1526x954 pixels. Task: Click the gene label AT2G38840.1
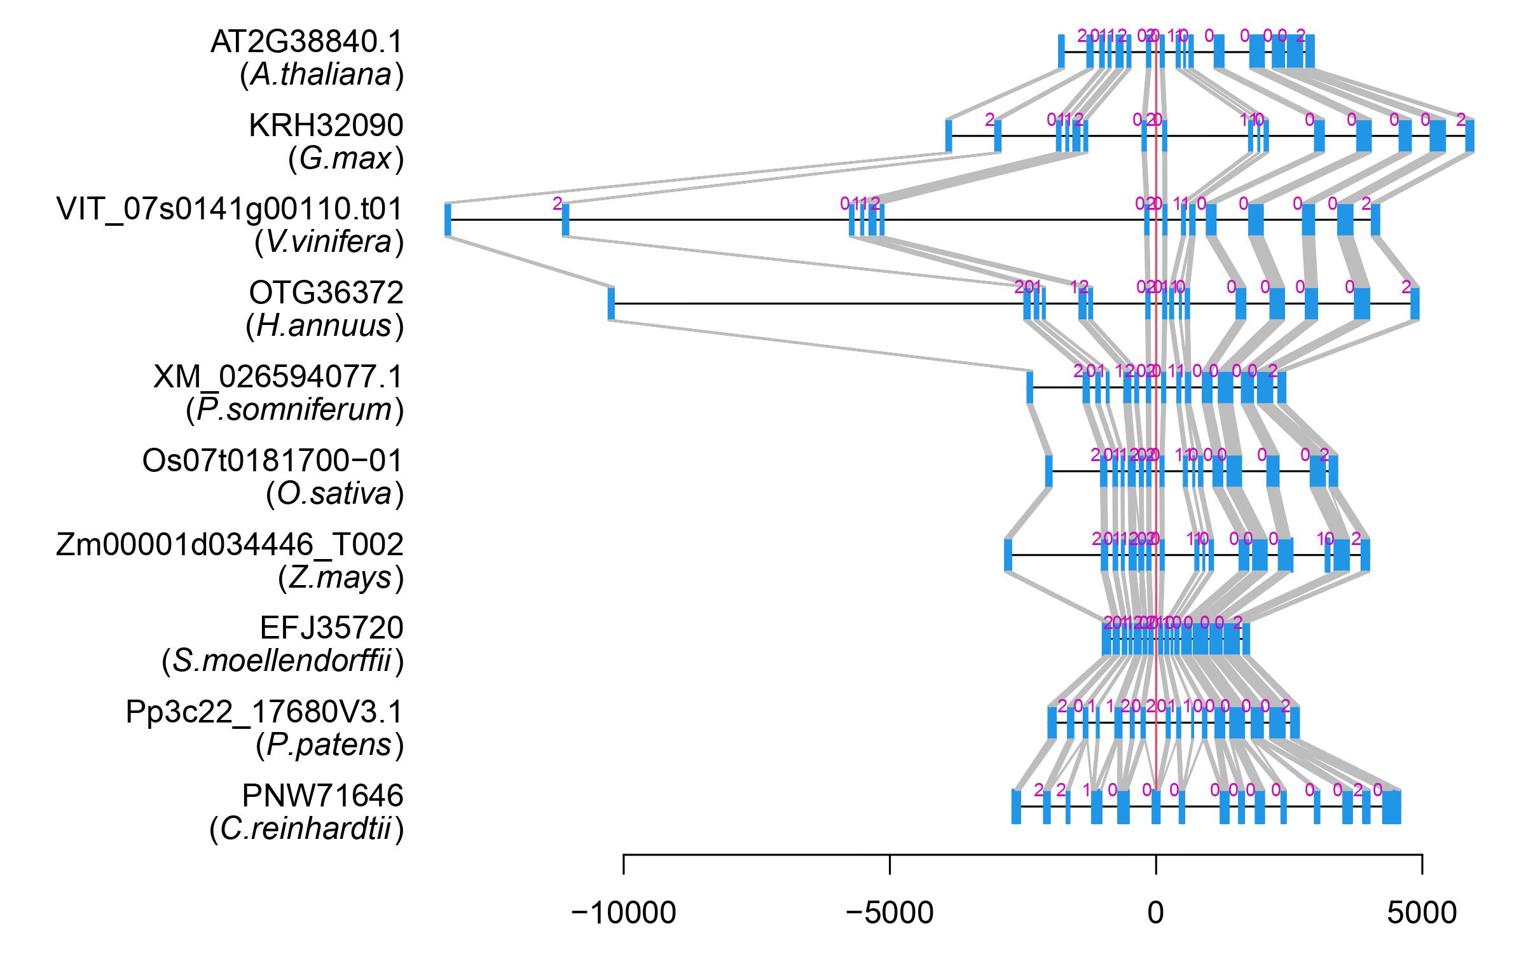click(306, 43)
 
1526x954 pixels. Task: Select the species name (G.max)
click(346, 158)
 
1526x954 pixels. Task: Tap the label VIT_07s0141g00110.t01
click(230, 209)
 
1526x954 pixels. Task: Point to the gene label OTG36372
click(326, 293)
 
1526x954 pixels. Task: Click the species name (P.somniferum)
click(295, 410)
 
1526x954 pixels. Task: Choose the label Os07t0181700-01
click(273, 460)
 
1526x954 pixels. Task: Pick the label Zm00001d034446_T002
click(230, 544)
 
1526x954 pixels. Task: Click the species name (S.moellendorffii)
click(283, 661)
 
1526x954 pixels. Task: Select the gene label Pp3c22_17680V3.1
click(265, 712)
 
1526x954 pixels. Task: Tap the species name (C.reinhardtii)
click(306, 829)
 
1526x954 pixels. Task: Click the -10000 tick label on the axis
click(623, 913)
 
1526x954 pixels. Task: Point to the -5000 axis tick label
click(890, 913)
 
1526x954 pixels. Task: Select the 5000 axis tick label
click(1422, 913)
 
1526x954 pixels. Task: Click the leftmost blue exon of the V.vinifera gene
click(448, 219)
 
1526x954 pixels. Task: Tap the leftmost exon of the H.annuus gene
click(611, 303)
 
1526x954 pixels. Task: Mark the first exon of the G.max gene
click(949, 135)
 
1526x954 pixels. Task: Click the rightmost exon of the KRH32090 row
click(1469, 135)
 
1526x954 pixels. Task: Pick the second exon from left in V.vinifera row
click(565, 219)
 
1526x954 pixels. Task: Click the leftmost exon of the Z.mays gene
click(1008, 555)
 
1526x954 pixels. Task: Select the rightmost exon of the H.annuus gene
click(1415, 303)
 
